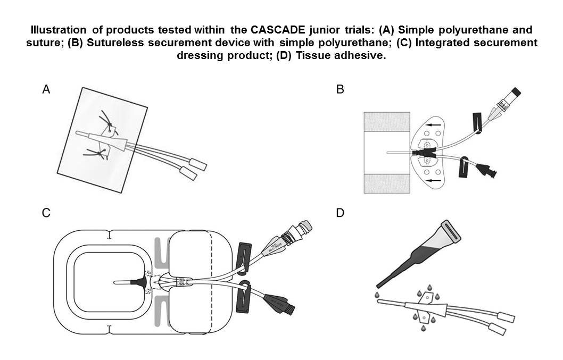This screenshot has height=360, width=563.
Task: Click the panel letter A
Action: click(46, 90)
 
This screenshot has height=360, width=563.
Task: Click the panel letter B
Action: click(340, 90)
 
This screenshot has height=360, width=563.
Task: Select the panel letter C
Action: click(46, 213)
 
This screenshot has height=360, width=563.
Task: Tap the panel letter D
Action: click(340, 213)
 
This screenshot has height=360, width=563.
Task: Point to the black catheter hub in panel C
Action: click(139, 281)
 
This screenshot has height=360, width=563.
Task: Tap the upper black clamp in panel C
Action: click(244, 257)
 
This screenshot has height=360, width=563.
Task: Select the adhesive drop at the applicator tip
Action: click(377, 294)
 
